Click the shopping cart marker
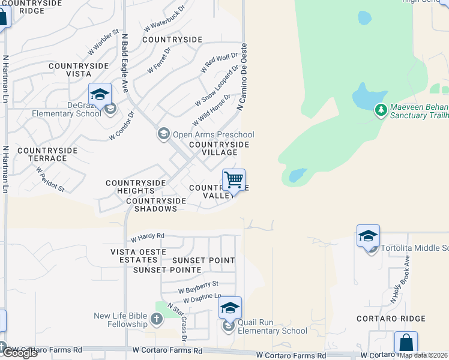pyautogui.click(x=234, y=180)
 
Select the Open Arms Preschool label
pyautogui.click(x=212, y=134)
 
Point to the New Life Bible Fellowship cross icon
pyautogui.click(x=157, y=318)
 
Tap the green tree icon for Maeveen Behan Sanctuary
pyautogui.click(x=381, y=110)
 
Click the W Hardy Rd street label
pyautogui.click(x=147, y=237)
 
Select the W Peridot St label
pyautogui.click(x=50, y=179)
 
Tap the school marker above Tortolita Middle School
pyautogui.click(x=368, y=236)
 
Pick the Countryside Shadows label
pyautogui.click(x=152, y=205)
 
